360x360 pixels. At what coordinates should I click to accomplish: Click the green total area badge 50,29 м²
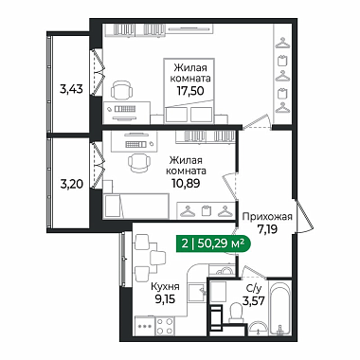pyautogui.click(x=213, y=243)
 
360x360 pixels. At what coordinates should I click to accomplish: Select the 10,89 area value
pyautogui.click(x=186, y=183)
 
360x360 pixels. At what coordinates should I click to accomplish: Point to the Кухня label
pyautogui.click(x=165, y=287)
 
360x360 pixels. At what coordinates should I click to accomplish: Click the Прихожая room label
pyautogui.click(x=267, y=217)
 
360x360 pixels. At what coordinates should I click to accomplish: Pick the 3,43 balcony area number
pyautogui.click(x=71, y=89)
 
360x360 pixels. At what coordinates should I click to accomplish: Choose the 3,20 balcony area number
pyautogui.click(x=72, y=184)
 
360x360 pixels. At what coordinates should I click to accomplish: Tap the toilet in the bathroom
pyautogui.click(x=236, y=313)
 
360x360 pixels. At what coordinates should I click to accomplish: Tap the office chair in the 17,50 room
pyautogui.click(x=120, y=90)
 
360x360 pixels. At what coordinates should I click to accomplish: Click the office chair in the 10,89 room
pyautogui.click(x=138, y=162)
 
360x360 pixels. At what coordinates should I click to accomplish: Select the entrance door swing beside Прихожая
pyautogui.click(x=304, y=216)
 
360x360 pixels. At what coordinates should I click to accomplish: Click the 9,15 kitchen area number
pyautogui.click(x=165, y=298)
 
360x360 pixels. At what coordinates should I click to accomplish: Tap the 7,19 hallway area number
pyautogui.click(x=267, y=229)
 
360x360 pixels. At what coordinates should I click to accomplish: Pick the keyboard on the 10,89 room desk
pyautogui.click(x=135, y=145)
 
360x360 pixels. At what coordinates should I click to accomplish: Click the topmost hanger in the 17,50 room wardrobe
pyautogui.click(x=282, y=44)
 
